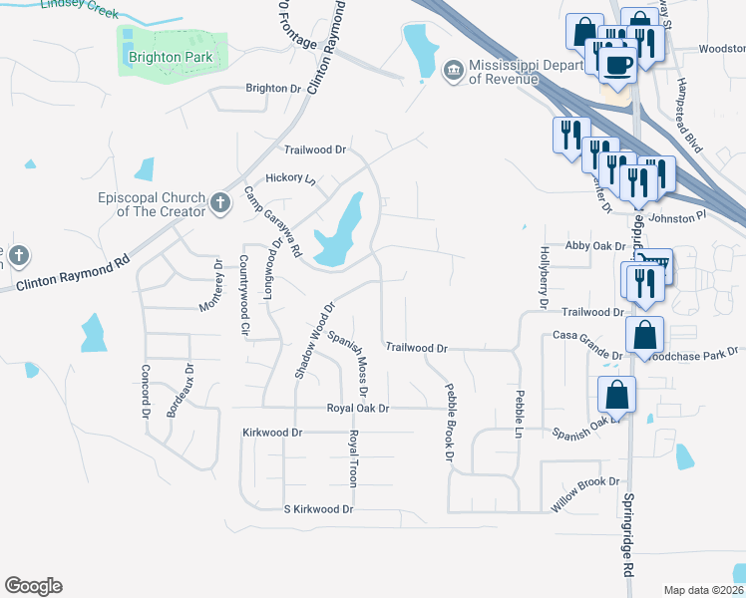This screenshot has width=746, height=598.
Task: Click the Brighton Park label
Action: pos(171,58)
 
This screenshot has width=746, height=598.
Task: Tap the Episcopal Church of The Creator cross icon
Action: pos(220,204)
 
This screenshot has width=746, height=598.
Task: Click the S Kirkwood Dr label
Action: pos(319,509)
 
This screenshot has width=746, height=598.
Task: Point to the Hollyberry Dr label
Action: pos(545,270)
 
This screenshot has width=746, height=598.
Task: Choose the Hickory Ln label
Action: pos(296,179)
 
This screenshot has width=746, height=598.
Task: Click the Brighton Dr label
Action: pos(273,89)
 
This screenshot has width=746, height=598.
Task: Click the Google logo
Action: pos(33,586)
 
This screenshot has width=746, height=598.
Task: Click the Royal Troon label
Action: pos(353,458)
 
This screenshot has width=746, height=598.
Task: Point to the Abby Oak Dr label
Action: pos(594,245)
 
